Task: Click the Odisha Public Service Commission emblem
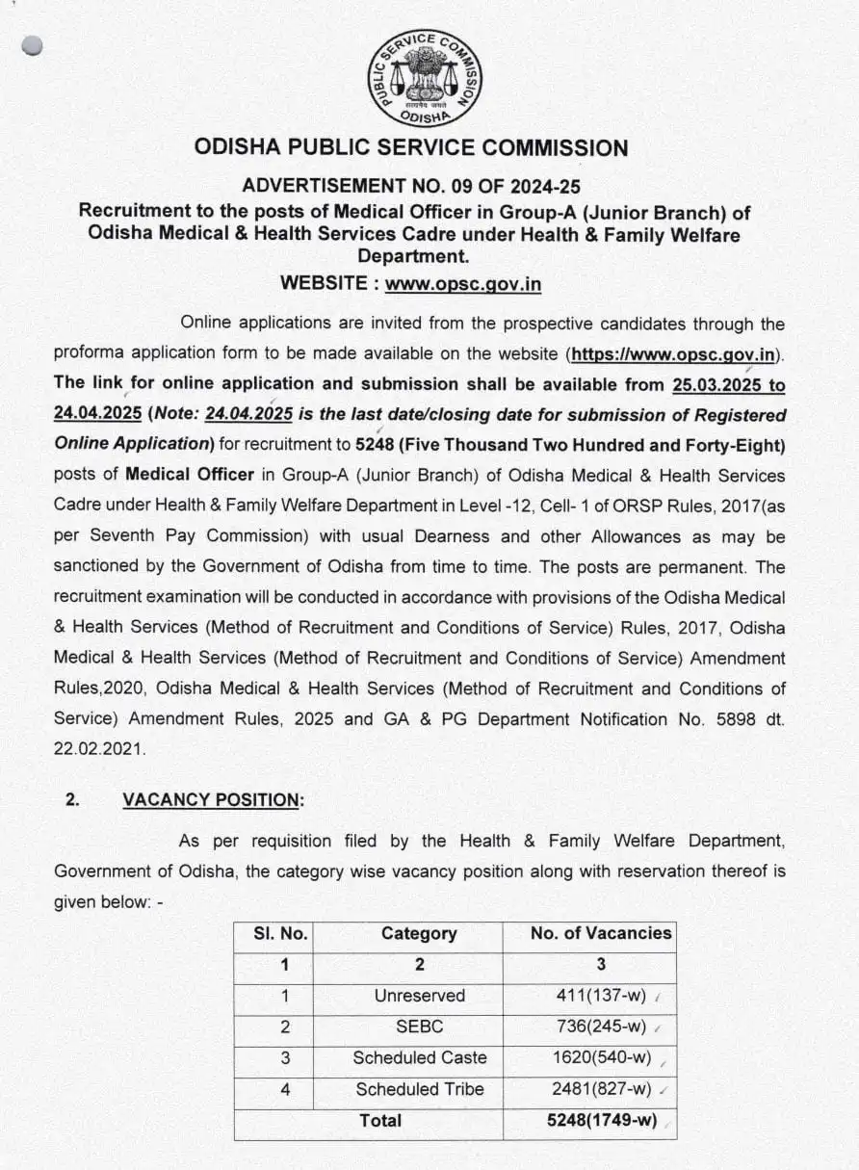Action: coord(426,76)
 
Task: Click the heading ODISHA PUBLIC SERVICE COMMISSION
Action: coord(411,148)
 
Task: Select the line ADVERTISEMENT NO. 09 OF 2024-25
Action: coord(411,186)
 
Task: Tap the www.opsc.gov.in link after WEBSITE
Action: coord(462,283)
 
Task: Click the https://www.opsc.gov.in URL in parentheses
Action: coord(673,353)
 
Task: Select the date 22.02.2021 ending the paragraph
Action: coord(99,749)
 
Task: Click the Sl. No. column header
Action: coord(280,933)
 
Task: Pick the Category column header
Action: coord(419,933)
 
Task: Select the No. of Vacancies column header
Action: coord(601,933)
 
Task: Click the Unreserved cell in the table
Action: coord(419,996)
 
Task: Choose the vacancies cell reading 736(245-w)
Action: coord(601,1027)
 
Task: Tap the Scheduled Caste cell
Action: coord(419,1057)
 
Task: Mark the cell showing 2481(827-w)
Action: coord(601,1089)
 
